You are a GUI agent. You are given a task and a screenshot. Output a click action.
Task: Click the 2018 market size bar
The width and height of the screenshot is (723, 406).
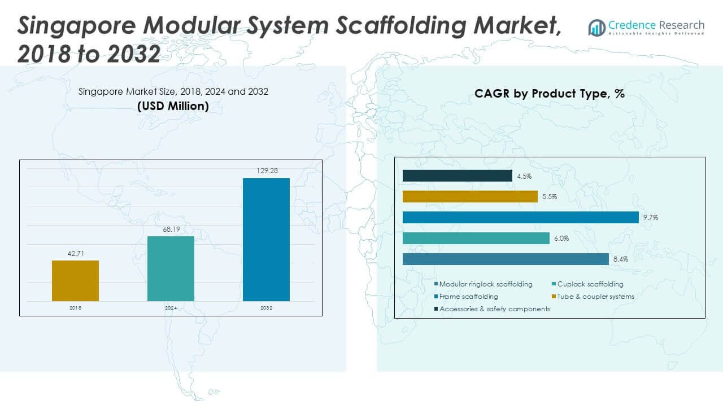tap(75, 280)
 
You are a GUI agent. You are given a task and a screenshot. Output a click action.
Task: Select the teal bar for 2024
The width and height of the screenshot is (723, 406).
tap(171, 268)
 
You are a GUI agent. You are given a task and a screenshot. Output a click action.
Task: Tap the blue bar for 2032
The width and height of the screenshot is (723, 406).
tap(266, 240)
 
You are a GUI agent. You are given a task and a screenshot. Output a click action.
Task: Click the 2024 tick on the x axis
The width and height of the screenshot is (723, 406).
tap(171, 308)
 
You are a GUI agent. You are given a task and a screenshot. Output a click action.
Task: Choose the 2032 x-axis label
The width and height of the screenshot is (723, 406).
tap(266, 308)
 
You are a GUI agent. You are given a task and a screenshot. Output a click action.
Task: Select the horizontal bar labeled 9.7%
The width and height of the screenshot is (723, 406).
tap(520, 217)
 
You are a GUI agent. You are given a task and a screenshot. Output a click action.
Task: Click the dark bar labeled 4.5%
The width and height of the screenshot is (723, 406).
tap(457, 176)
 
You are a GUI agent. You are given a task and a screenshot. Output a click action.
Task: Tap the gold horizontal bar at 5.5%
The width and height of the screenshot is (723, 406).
tap(469, 196)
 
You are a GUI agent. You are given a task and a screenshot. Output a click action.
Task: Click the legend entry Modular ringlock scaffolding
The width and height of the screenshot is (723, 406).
tap(485, 284)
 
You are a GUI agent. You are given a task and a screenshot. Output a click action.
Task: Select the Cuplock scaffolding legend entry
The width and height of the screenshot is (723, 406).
tap(590, 284)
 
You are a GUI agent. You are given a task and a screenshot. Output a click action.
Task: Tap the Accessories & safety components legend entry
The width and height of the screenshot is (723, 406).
tap(494, 309)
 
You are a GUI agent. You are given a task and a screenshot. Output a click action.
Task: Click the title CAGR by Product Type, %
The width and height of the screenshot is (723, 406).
tap(549, 94)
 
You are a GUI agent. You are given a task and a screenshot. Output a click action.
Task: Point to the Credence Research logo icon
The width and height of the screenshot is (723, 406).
tap(596, 27)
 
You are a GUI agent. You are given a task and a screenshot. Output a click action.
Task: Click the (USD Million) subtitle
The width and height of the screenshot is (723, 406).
tap(173, 106)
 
